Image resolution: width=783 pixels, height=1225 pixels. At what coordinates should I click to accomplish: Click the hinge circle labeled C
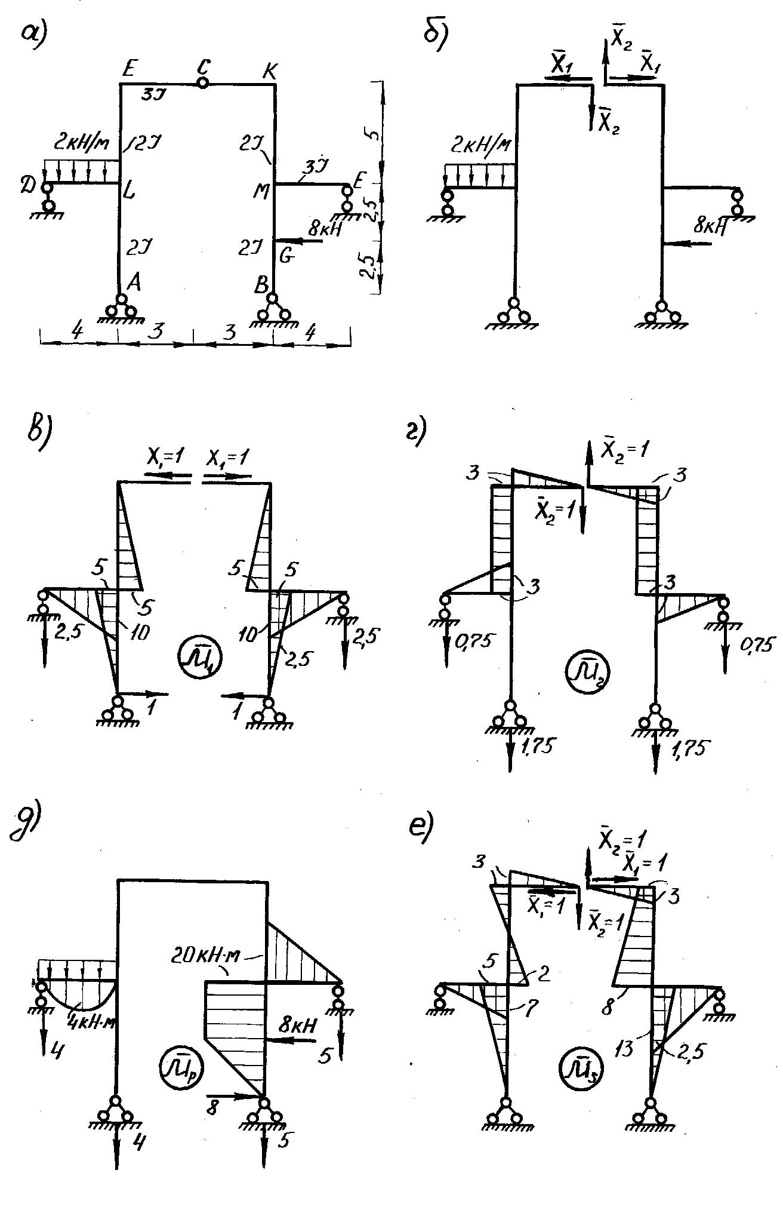pos(202,84)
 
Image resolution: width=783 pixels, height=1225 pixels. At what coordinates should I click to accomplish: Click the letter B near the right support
pos(261,285)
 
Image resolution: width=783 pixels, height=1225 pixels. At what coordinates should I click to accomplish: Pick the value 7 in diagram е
pos(531,1008)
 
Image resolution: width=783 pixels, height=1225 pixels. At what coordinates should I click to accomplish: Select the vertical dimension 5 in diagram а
pos(374,133)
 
